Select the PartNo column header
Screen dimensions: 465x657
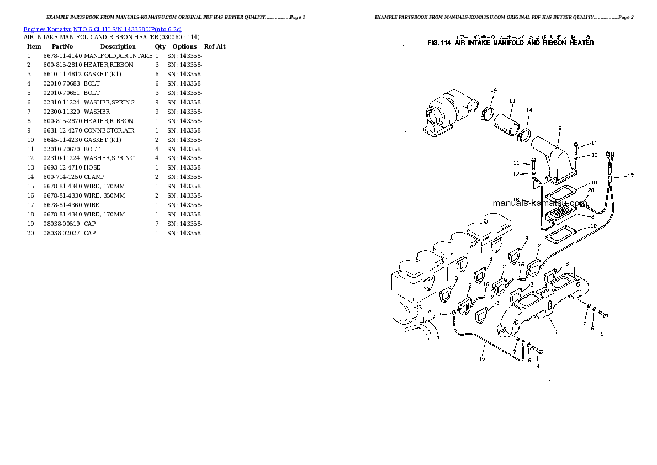coord(62,47)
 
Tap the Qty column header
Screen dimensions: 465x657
coord(160,47)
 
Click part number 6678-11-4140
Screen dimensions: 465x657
coord(62,56)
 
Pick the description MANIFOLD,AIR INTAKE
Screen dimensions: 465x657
coord(118,56)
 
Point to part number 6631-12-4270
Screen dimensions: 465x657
coord(62,130)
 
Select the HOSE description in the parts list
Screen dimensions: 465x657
coord(92,167)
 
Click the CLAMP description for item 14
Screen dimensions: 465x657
coord(94,177)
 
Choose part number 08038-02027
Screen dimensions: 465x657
coord(62,233)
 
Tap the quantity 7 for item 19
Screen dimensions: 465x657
coord(157,224)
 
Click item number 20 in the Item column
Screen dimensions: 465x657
coord(29,233)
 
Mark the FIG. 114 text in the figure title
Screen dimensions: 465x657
coord(439,43)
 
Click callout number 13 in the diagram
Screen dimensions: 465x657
coord(512,101)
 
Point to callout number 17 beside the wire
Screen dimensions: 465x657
coord(630,176)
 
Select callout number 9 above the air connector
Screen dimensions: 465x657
coord(559,128)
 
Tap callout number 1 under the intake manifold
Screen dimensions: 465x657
coord(557,334)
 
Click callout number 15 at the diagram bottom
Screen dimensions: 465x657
coord(481,359)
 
